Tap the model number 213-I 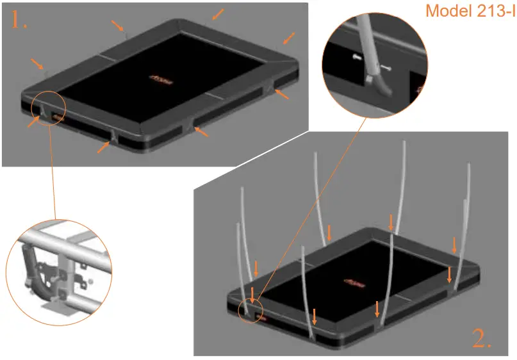click(x=494, y=12)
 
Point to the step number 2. click(x=482, y=338)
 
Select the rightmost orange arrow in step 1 click(x=290, y=38)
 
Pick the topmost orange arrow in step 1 click(x=218, y=13)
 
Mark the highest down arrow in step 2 click(x=391, y=222)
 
